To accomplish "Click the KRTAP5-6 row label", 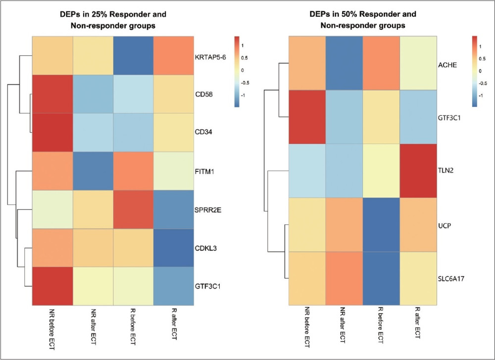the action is coord(210,57).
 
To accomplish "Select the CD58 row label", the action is coord(204,95).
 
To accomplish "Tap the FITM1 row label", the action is coord(205,172).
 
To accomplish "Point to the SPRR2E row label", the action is coord(208,210).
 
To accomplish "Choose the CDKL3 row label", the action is coord(206,249).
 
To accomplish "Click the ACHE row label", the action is coord(447,65).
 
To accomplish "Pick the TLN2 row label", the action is coord(446,171).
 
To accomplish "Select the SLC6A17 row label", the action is coord(451,279).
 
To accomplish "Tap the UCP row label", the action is coord(445,226).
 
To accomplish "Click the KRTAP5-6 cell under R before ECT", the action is coord(133,55).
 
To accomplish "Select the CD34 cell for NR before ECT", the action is coord(53,133).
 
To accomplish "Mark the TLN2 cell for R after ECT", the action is coord(418,171).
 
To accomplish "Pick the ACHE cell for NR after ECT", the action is coord(344,63).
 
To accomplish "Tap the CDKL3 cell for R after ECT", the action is coord(174,248).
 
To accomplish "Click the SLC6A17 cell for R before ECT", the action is coord(381,278).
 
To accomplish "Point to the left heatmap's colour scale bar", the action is coord(237,72).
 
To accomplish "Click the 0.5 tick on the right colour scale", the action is coord(482,59).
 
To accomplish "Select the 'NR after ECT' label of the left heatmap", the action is coord(93,327).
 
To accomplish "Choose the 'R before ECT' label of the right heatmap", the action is coord(381,325).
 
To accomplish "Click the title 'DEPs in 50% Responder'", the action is coord(363,14).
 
